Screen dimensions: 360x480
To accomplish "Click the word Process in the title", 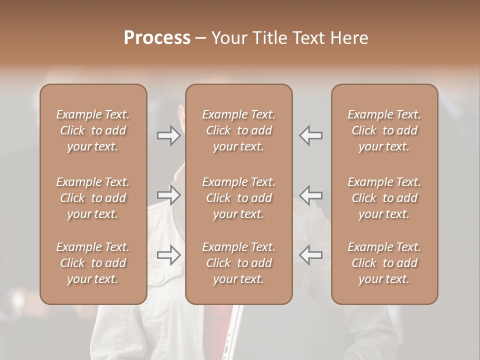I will [157, 38].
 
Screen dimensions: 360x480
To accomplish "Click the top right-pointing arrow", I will [169, 135].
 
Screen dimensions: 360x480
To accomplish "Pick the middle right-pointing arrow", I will [169, 195].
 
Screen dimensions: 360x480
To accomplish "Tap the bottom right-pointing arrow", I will [169, 255].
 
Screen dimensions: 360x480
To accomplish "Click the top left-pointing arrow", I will [310, 135].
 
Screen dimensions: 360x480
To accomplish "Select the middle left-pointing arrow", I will [310, 195].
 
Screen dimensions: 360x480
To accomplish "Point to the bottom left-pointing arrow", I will [310, 255].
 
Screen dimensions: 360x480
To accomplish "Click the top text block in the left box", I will [93, 130].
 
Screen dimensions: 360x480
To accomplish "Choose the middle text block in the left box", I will [93, 198].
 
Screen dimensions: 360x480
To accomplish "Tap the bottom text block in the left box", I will [93, 263].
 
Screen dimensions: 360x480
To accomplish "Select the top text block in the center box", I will [238, 130].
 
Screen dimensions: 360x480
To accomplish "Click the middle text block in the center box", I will [238, 198].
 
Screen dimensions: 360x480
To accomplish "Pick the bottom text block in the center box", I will [238, 263].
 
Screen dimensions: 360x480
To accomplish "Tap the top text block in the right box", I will [384, 130].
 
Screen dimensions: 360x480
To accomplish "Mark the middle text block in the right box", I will [384, 198].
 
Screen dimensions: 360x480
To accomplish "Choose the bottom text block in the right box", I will [384, 263].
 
